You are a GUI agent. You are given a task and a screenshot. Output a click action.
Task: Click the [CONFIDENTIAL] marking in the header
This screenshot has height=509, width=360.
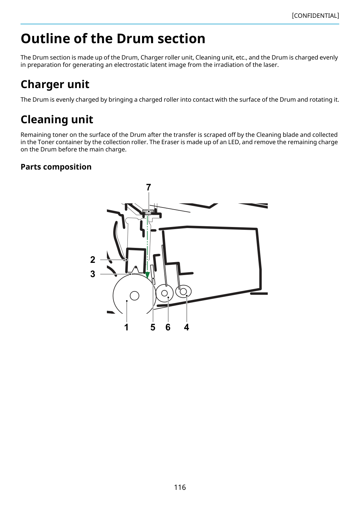point(315,16)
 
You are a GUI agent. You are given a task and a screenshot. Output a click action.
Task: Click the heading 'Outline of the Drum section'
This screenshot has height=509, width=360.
point(113,38)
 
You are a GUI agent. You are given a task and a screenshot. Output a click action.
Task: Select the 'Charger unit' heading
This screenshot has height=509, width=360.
point(55,84)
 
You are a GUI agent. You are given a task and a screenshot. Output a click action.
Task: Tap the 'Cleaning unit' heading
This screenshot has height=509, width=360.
point(57,119)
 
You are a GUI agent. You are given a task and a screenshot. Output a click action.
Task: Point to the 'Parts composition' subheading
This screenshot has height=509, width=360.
point(56,167)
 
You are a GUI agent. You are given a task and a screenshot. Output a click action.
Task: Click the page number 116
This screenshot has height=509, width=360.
point(180,487)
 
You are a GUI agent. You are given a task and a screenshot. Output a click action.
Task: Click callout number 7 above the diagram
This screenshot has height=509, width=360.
point(148,187)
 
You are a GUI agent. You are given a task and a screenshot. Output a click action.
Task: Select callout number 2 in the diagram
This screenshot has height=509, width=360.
point(93,260)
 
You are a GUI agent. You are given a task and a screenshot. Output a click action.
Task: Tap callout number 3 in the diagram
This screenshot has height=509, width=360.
point(93,274)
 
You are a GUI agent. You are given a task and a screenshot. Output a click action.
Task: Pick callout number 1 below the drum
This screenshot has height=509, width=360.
point(126,328)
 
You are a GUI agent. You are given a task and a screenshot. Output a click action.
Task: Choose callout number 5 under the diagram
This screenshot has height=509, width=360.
point(153,328)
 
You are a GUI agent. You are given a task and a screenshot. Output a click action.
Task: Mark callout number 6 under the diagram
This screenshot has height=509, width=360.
point(168,328)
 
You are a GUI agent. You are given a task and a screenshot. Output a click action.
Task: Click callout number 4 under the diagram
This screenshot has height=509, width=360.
point(187,328)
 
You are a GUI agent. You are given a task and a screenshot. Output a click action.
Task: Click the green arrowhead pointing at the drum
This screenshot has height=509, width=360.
point(148,275)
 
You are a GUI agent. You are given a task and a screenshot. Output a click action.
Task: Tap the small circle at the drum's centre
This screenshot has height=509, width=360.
point(134,296)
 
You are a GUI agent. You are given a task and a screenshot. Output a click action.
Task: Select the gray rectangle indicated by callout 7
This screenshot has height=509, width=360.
point(148,212)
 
